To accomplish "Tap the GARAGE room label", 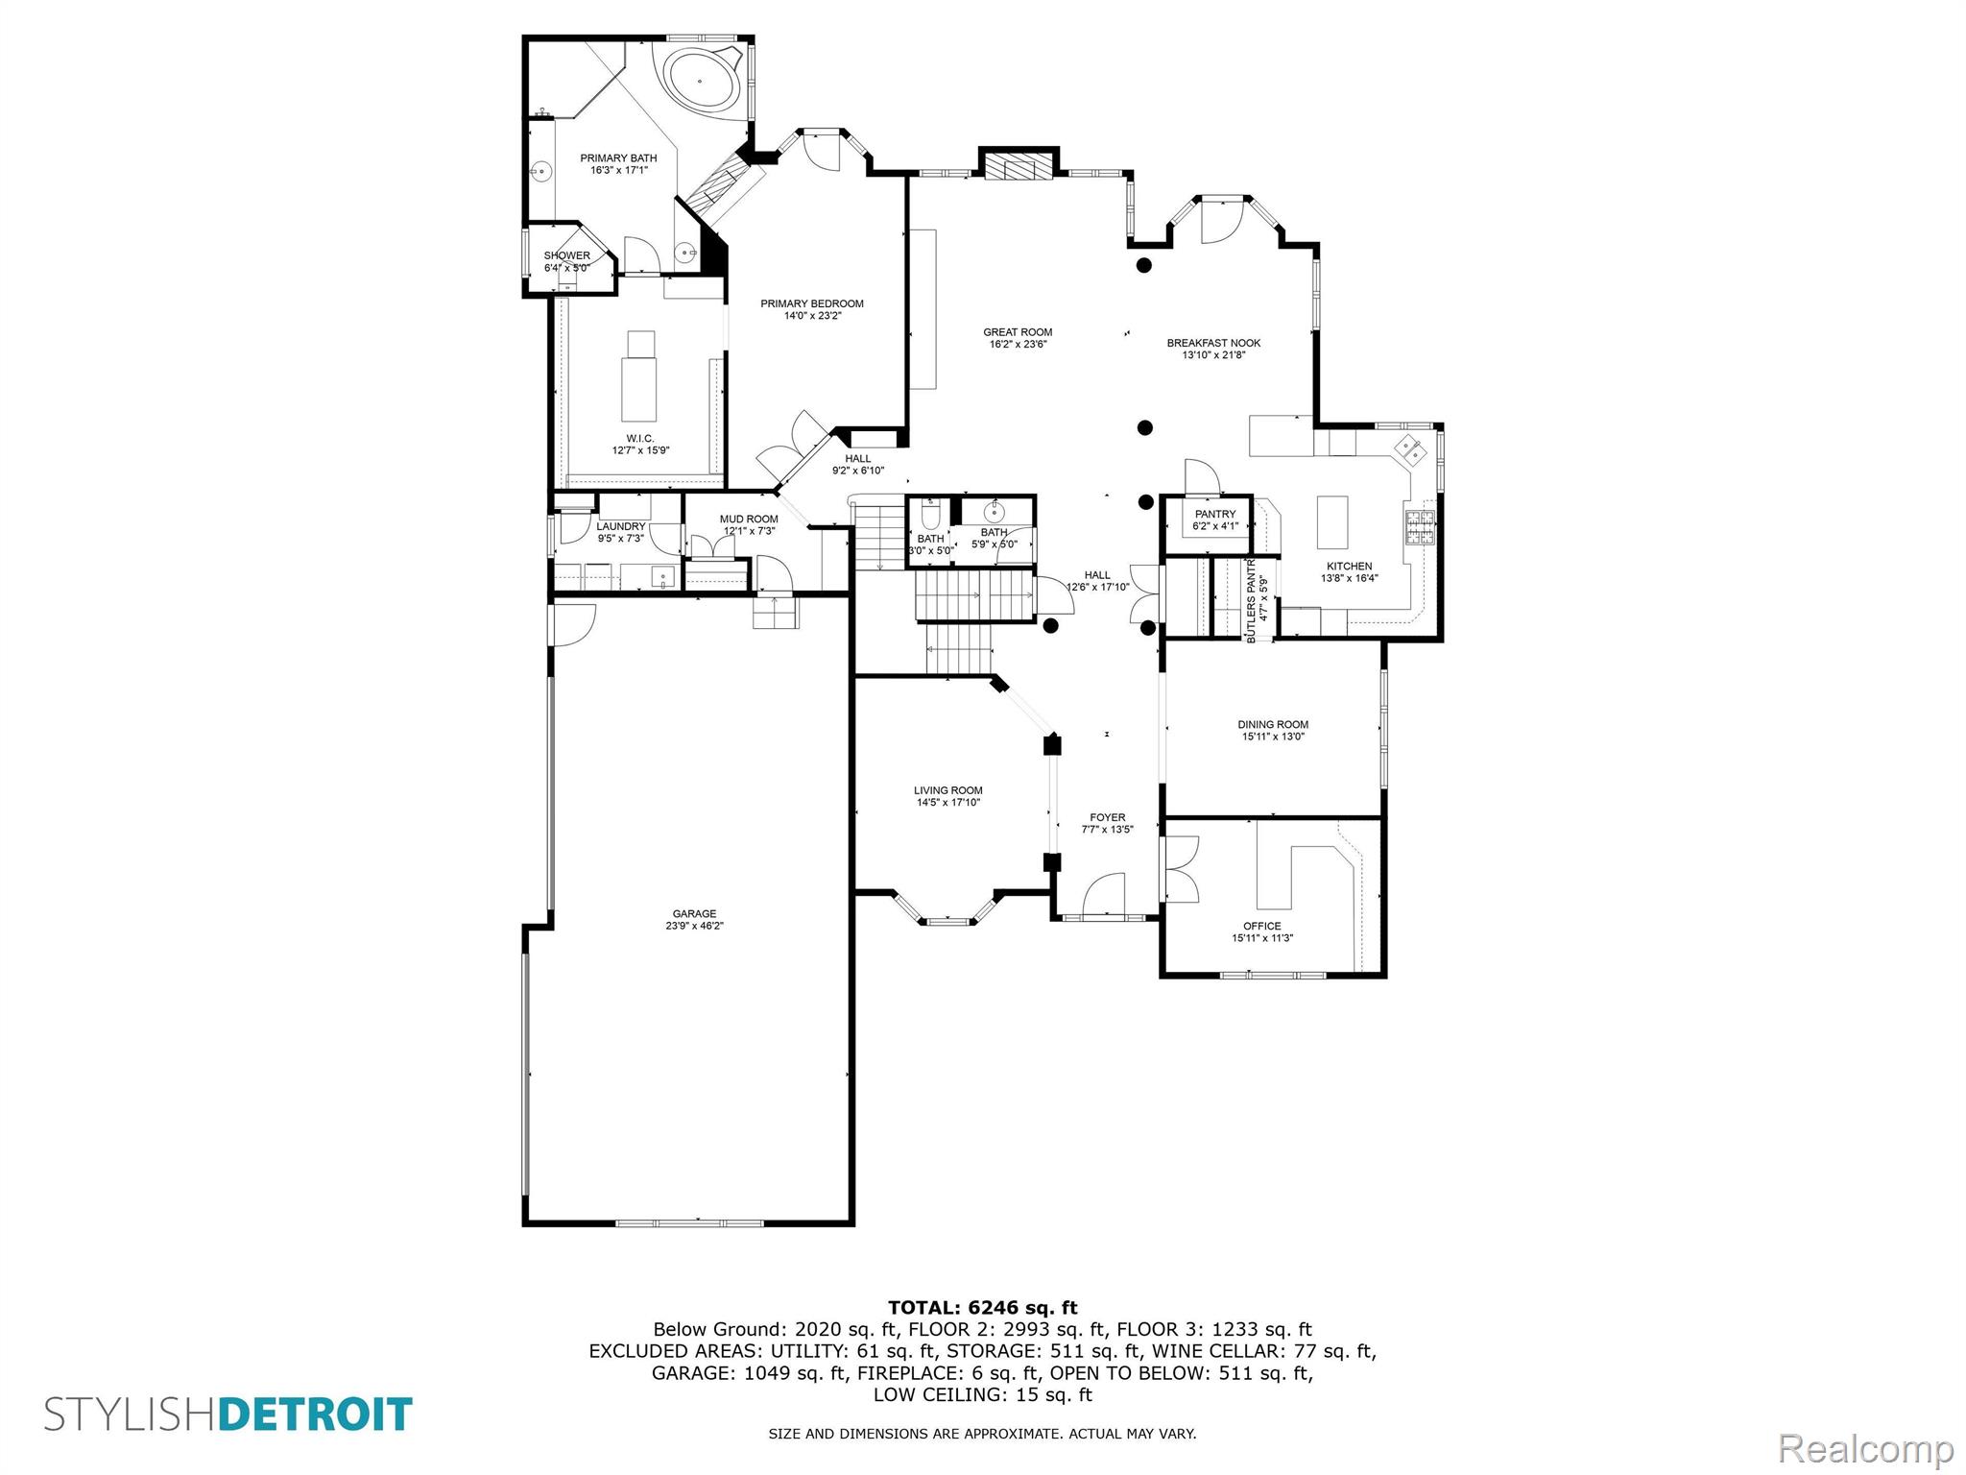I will (x=694, y=914).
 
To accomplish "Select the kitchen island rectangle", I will (x=1332, y=521).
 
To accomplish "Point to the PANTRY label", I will (x=1214, y=515).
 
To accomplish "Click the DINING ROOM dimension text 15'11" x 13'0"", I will (x=1273, y=737).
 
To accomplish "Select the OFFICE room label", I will (x=1261, y=926).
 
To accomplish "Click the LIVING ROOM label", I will (x=947, y=790).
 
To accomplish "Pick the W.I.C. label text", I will (x=640, y=438).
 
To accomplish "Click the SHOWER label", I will (x=566, y=255).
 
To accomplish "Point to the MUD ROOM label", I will (x=749, y=520).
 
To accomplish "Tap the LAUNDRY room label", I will (x=620, y=526).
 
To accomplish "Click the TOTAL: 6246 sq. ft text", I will (x=982, y=1307).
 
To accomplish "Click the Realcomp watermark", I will (x=1865, y=1448).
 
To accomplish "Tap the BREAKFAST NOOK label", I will (x=1213, y=343).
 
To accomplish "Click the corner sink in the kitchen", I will (x=1410, y=448).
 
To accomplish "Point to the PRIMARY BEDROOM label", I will (x=812, y=303).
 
